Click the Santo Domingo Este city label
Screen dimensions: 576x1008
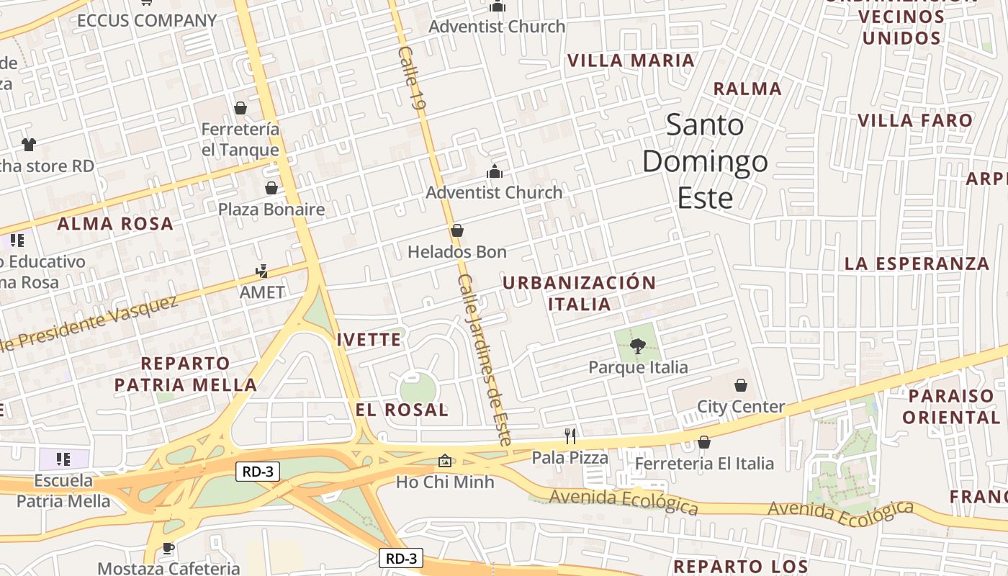click(x=705, y=161)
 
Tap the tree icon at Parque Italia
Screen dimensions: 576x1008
click(x=638, y=347)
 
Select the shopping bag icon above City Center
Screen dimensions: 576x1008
click(x=741, y=385)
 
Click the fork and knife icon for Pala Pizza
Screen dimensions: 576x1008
click(x=570, y=436)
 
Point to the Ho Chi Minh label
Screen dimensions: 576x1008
click(x=445, y=482)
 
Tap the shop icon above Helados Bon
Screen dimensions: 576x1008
click(x=456, y=231)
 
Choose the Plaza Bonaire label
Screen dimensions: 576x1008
click(x=271, y=210)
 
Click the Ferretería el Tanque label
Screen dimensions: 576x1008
click(x=240, y=140)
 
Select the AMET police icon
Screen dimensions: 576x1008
click(x=262, y=271)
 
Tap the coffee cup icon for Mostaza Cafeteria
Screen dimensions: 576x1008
click(x=168, y=548)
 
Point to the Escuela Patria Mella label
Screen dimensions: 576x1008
click(x=63, y=490)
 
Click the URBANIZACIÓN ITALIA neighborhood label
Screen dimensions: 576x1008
click(x=579, y=293)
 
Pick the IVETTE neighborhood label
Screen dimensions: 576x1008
click(x=369, y=339)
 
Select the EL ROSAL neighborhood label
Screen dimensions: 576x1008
click(x=402, y=410)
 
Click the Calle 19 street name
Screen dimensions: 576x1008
click(x=412, y=78)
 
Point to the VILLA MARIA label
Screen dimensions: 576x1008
click(x=631, y=60)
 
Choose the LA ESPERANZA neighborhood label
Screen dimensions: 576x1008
click(x=917, y=264)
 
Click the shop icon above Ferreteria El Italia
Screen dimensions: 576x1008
click(x=704, y=442)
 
